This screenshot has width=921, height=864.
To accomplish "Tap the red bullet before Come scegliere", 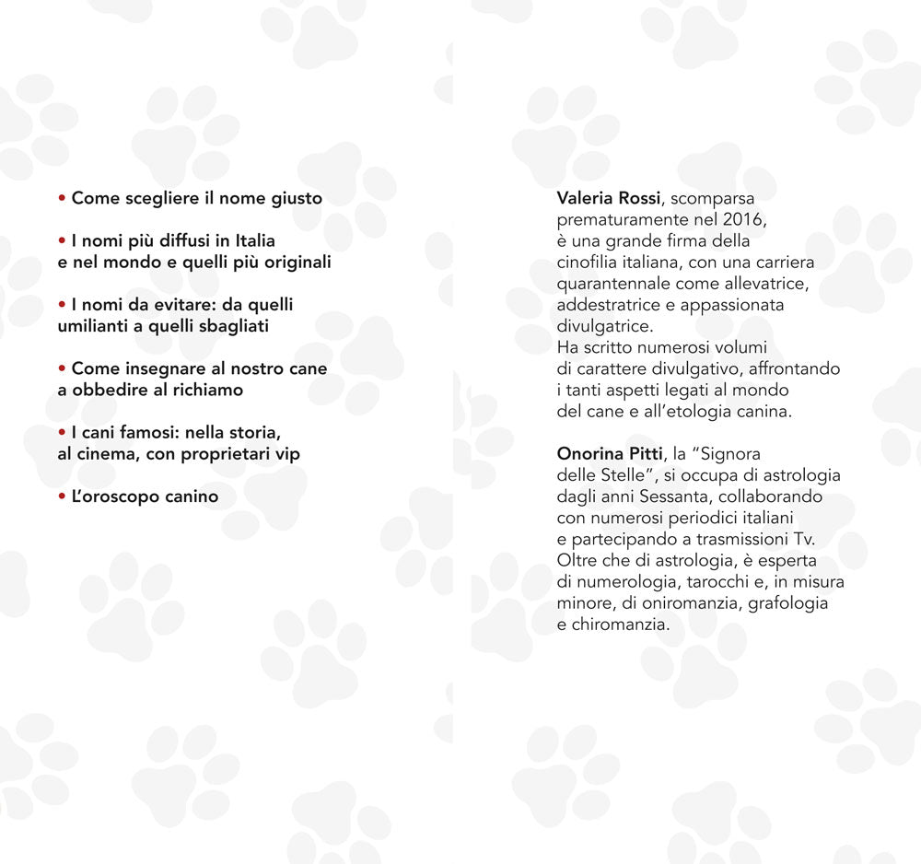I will [x=62, y=198].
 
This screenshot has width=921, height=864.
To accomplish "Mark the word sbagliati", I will [x=229, y=326].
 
